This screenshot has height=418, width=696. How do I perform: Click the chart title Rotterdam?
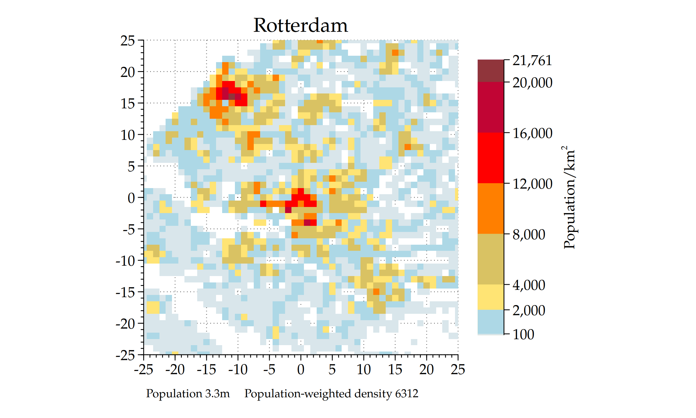(300, 26)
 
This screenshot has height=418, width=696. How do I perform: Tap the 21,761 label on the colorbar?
(532, 61)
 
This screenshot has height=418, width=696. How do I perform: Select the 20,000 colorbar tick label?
(532, 83)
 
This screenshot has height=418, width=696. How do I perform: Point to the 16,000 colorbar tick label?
(532, 134)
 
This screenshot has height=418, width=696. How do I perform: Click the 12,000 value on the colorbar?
(532, 184)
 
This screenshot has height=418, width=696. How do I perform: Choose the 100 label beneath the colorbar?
(523, 335)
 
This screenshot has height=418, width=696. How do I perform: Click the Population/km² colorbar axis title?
(569, 197)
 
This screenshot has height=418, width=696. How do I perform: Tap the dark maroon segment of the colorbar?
(491, 71)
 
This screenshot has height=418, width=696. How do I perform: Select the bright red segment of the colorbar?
(491, 158)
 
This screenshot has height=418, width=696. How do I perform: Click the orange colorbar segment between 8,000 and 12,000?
(491, 208)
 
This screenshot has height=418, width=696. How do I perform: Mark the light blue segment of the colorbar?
(491, 322)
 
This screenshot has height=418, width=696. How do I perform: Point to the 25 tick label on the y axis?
(128, 41)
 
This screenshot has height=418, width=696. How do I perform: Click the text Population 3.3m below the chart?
(188, 394)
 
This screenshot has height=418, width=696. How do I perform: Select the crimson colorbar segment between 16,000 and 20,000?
(491, 107)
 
